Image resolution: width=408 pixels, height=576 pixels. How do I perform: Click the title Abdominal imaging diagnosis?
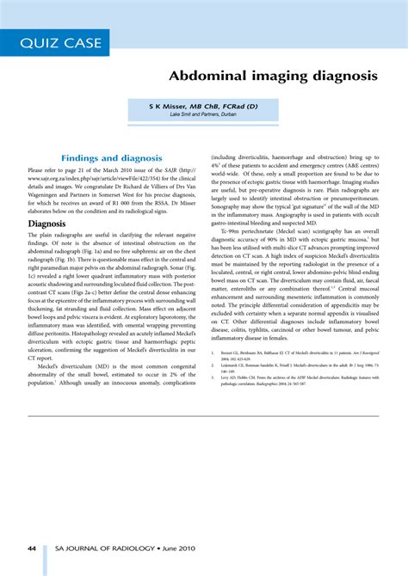pyautogui.click(x=273, y=76)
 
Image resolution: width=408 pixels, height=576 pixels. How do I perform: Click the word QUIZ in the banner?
pyautogui.click(x=42, y=44)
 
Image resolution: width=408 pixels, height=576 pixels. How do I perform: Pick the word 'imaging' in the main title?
pyautogui.click(x=269, y=76)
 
